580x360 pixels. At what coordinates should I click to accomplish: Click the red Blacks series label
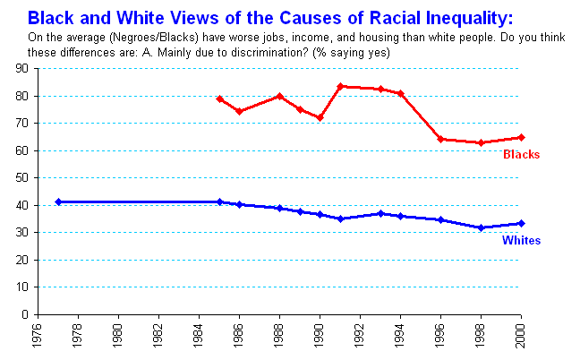click(521, 155)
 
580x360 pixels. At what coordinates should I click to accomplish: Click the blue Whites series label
click(520, 241)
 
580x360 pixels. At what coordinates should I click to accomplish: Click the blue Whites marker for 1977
click(58, 201)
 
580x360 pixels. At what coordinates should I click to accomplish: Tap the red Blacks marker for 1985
click(219, 99)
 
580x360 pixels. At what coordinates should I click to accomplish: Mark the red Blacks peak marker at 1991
click(340, 86)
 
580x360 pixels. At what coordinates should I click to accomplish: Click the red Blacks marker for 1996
click(441, 139)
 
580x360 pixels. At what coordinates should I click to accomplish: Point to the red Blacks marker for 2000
click(522, 137)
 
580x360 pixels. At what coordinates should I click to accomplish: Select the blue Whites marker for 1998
click(482, 227)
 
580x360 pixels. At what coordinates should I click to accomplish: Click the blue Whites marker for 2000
click(522, 223)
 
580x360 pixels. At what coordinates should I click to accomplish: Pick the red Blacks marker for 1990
click(320, 117)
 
